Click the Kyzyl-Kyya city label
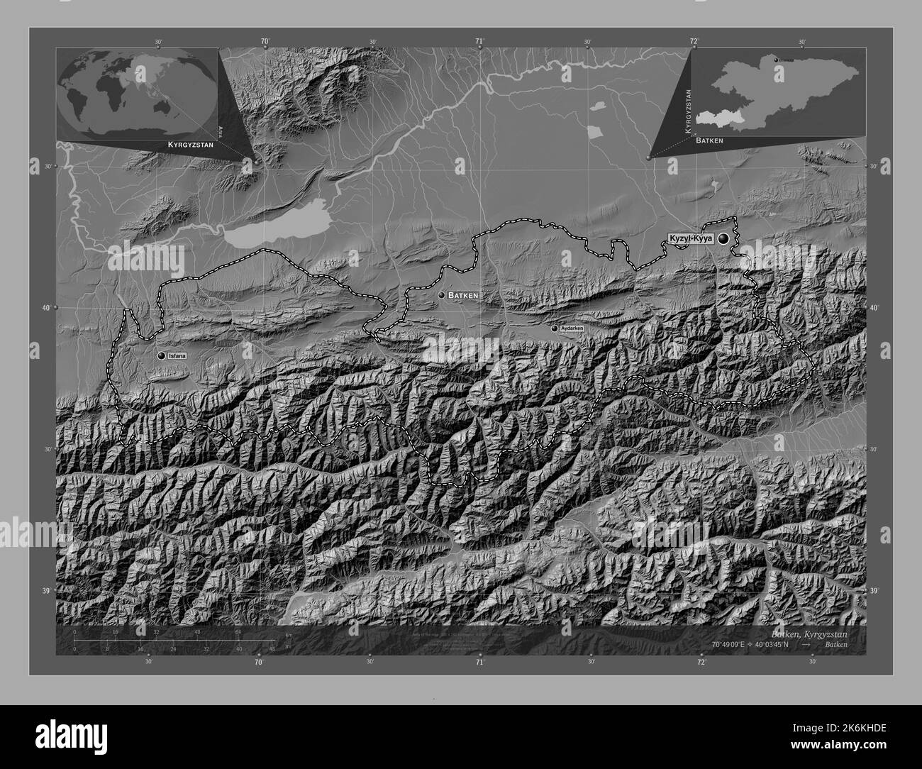pyautogui.click(x=689, y=240)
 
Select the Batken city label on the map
pyautogui.click(x=463, y=294)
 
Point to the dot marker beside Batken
pyautogui.click(x=442, y=294)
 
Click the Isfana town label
pyautogui.click(x=177, y=355)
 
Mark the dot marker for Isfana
pyautogui.click(x=162, y=355)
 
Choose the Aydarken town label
pyautogui.click(x=572, y=329)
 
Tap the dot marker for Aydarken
pyautogui.click(x=555, y=328)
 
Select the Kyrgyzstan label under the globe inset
pyautogui.click(x=190, y=144)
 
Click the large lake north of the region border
pyautogui.click(x=273, y=230)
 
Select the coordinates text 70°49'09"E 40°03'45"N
pyautogui.click(x=748, y=644)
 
